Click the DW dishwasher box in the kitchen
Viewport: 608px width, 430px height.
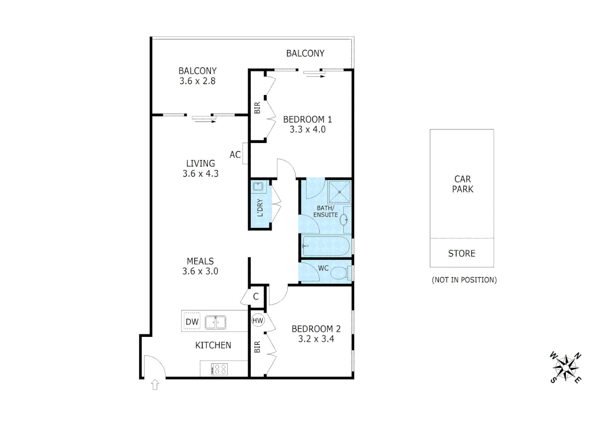coord(192,321)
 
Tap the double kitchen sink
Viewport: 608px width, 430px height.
coord(216,322)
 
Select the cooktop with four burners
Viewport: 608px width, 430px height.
coord(219,369)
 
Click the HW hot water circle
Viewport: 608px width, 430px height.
coord(258,320)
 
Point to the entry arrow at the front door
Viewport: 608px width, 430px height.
coord(155,385)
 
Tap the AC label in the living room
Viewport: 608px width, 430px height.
coord(235,154)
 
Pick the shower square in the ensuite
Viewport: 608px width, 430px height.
coord(339,192)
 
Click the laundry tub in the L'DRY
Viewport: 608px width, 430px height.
coord(258,186)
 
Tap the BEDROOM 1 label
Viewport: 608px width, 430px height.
coord(307,119)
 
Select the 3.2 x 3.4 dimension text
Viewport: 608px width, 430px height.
coord(316,339)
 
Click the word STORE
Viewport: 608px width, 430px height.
coord(462,253)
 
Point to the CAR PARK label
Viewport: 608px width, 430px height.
coord(462,184)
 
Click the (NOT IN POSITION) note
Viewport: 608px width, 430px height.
coord(464,280)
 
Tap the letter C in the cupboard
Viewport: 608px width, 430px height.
coord(256,297)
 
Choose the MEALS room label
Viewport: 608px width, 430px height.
coord(200,261)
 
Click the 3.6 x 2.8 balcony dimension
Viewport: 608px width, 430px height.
coord(197,81)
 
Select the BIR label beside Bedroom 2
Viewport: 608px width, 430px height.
coord(257,347)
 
